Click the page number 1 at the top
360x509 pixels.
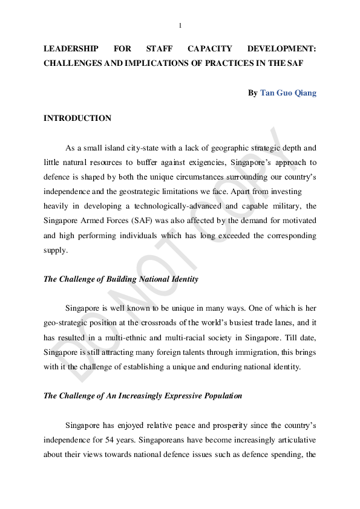pos(180,25)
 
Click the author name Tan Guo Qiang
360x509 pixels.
pos(288,93)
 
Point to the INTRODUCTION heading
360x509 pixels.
pos(77,118)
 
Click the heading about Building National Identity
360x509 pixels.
pos(121,279)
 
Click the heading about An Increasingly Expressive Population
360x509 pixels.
pos(143,395)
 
